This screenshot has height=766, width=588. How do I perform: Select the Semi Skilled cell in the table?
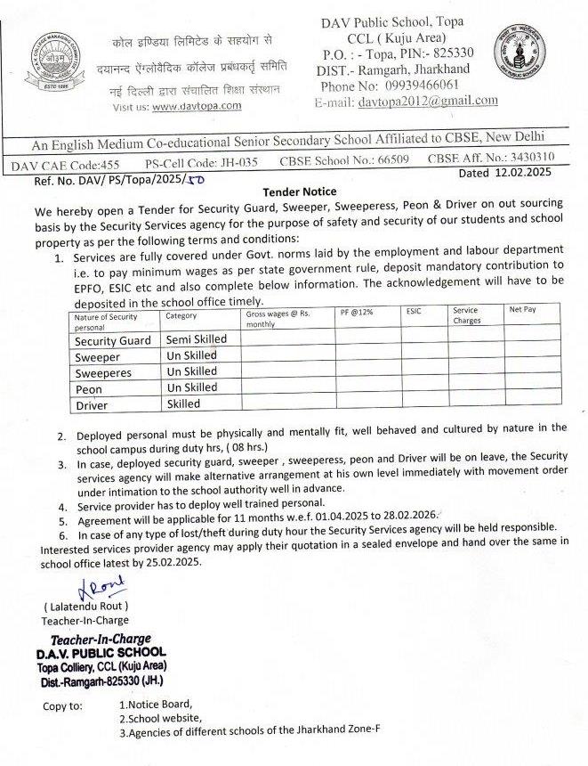197,339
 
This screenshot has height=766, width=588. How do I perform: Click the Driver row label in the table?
92,405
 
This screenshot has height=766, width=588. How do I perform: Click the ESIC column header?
415,312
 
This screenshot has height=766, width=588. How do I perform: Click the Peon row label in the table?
88,389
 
